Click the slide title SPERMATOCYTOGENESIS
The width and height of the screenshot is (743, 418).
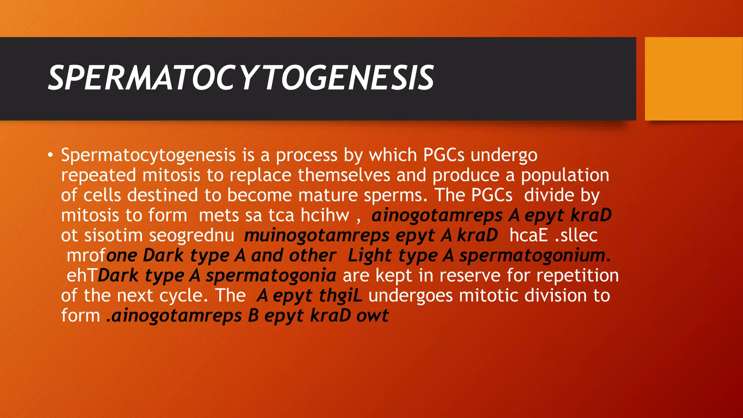pos(241,78)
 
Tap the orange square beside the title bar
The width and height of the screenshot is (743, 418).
pos(693,79)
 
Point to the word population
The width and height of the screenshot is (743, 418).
pos(565,176)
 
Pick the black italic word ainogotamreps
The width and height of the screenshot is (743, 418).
pos(437,216)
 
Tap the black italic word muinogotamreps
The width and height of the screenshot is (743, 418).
pos(317,235)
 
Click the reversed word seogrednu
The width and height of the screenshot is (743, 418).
pos(192,235)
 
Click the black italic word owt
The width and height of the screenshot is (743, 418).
pos(372,316)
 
